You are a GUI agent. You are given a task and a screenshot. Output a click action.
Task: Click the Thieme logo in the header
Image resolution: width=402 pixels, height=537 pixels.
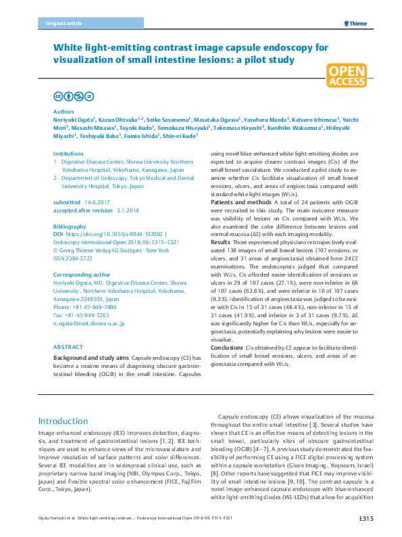tap(354, 23)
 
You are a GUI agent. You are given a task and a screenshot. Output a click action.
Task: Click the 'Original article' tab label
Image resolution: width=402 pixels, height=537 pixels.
tap(64, 23)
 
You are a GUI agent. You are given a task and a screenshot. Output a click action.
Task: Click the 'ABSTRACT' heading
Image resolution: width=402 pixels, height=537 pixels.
tap(68, 346)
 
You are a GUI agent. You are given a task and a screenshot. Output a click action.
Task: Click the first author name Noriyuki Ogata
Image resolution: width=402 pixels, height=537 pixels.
tap(73, 118)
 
